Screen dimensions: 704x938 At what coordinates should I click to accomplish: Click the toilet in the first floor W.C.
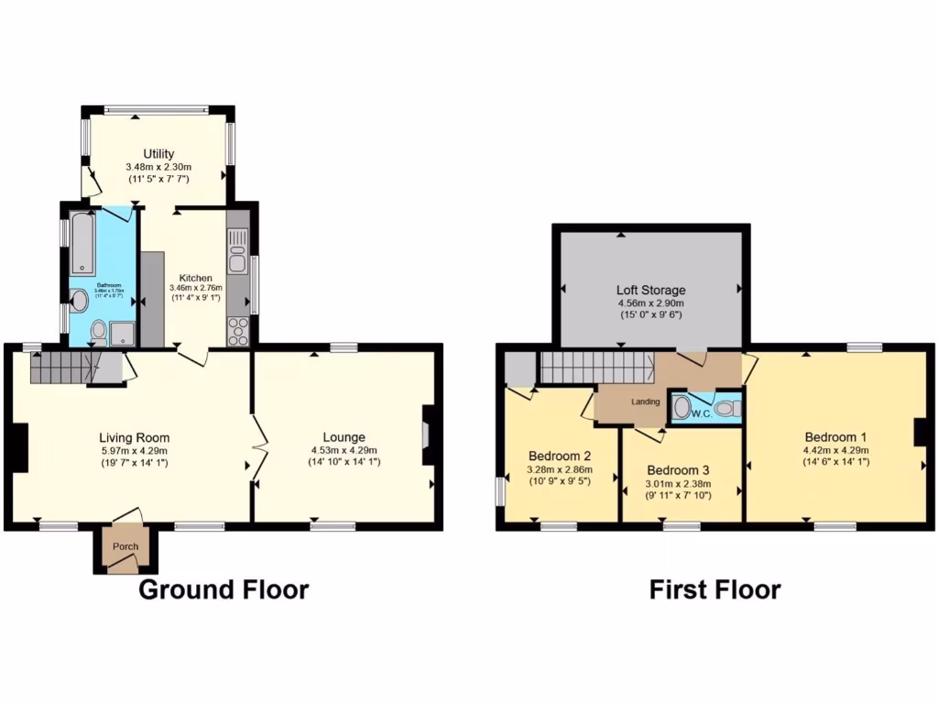click(726, 409)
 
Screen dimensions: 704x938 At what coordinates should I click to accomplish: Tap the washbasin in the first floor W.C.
click(681, 408)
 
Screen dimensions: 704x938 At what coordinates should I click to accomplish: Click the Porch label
click(125, 547)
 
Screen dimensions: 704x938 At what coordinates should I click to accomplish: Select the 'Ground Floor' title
click(224, 589)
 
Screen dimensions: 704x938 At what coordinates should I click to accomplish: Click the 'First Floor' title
click(714, 589)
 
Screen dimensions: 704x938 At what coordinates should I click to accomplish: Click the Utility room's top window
click(157, 111)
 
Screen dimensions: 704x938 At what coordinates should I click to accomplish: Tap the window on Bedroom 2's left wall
click(500, 490)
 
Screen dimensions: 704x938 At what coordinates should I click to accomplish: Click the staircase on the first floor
click(595, 368)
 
